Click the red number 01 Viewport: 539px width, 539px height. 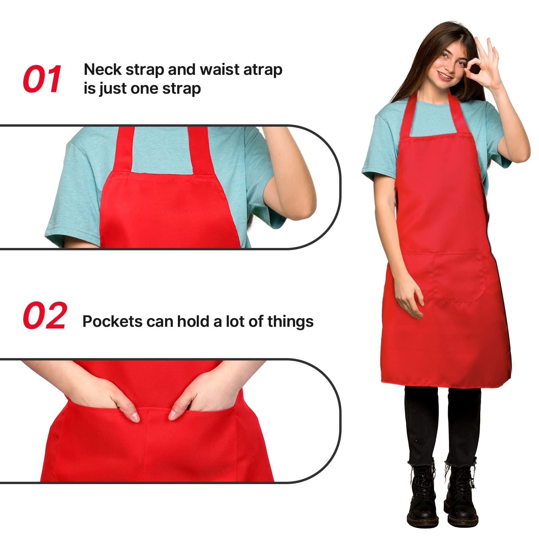point(42,79)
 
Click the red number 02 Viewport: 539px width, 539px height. point(45,316)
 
